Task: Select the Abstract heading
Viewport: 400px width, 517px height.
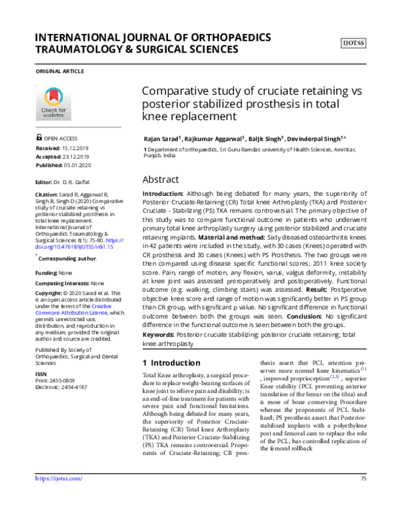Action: [161, 180]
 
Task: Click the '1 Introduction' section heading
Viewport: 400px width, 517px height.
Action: [171, 363]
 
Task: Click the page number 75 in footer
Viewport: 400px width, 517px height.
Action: [363, 497]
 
